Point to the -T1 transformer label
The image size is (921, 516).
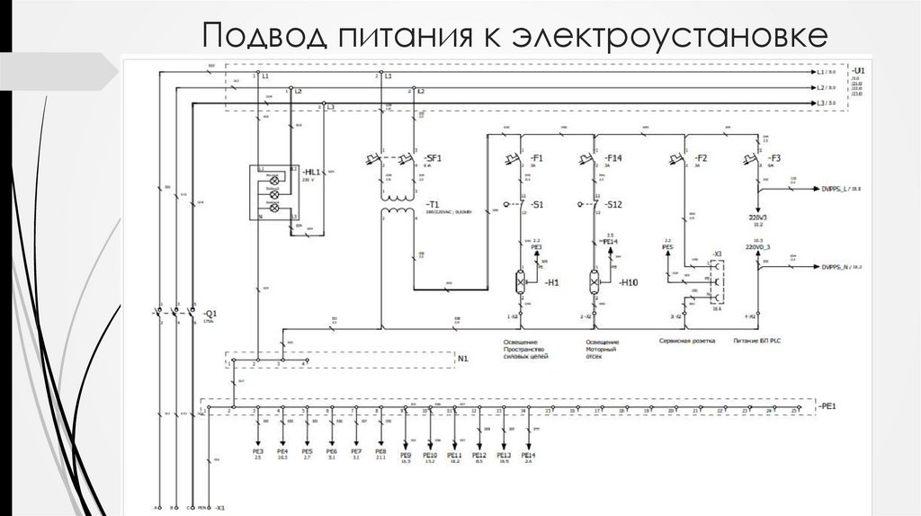[433, 205]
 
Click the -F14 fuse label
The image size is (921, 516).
[615, 157]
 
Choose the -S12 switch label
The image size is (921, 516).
[615, 205]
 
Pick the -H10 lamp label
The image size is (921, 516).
[629, 282]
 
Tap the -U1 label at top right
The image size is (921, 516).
[859, 69]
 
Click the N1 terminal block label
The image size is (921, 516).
[464, 359]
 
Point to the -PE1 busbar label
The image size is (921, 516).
[827, 406]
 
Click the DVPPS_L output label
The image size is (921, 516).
[842, 189]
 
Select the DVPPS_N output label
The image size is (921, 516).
[842, 267]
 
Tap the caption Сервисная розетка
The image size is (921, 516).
[680, 343]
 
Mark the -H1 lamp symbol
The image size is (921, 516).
[523, 282]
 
